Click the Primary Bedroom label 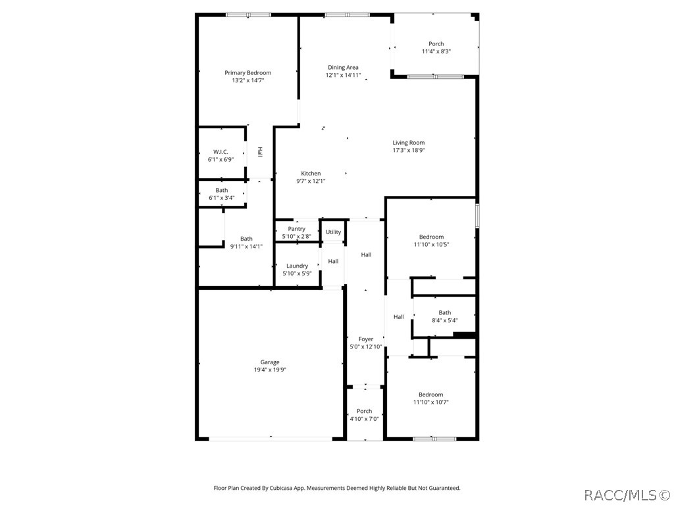click(x=248, y=72)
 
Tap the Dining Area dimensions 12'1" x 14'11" click(x=343, y=75)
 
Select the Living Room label click(x=408, y=143)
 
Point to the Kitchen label click(x=311, y=174)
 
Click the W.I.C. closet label click(x=220, y=152)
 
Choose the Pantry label click(x=297, y=229)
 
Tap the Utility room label click(x=333, y=232)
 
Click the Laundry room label click(x=297, y=266)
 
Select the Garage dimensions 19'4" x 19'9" click(x=270, y=370)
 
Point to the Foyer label click(x=366, y=339)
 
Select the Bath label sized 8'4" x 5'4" click(x=445, y=312)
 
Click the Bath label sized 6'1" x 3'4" click(x=222, y=190)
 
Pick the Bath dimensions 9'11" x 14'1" click(x=246, y=247)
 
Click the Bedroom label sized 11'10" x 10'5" click(x=431, y=237)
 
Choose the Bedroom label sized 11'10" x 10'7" click(x=430, y=395)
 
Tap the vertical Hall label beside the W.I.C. click(x=259, y=152)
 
